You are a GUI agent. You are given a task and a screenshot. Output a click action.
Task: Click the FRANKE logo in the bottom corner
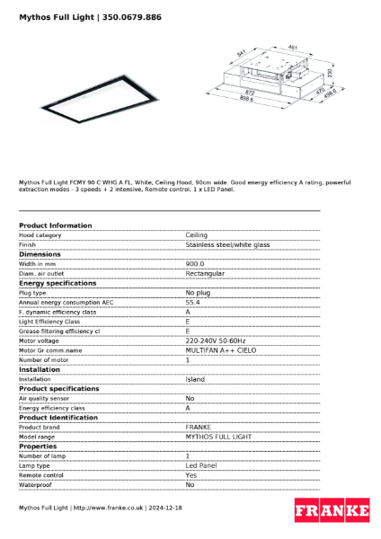(332, 511)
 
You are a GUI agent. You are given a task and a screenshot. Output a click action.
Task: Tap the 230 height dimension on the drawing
(330, 73)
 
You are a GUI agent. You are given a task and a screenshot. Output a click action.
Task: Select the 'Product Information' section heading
(55, 225)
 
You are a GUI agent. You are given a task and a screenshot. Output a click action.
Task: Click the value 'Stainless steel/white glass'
(227, 244)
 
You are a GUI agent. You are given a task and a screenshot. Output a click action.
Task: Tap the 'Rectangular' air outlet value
(205, 273)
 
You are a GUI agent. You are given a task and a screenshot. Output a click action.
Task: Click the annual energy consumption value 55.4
(192, 302)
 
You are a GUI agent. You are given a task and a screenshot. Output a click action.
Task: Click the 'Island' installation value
(195, 379)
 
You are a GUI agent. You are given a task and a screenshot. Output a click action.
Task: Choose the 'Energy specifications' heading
(58, 283)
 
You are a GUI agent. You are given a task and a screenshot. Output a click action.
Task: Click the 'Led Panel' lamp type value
(201, 465)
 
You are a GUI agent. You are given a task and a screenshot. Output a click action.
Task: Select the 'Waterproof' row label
(35, 484)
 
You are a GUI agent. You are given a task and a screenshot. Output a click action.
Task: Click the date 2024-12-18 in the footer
(164, 508)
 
